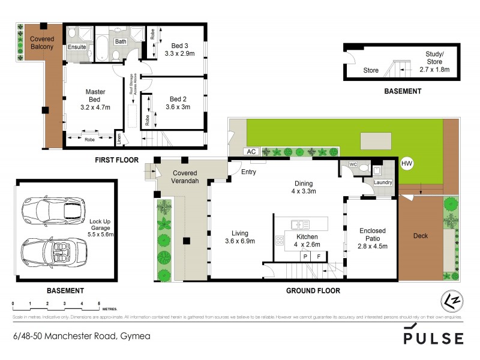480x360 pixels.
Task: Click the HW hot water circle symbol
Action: [407, 163]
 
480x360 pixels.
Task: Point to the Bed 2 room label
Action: [178, 99]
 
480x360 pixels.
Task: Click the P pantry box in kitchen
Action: [305, 256]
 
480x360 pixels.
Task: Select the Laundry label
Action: [382, 182]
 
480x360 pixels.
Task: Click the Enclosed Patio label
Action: [372, 235]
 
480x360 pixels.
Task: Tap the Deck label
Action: [421, 236]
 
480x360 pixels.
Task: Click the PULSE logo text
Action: [433, 337]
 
